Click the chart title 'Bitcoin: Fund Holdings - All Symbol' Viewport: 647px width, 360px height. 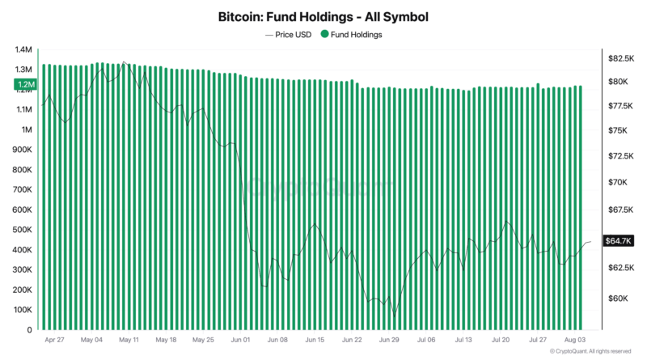click(323, 17)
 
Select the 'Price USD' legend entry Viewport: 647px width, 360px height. click(288, 35)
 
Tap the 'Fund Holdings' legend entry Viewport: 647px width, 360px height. click(351, 35)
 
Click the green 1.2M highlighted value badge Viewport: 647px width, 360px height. click(26, 85)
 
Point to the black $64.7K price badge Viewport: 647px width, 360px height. click(618, 241)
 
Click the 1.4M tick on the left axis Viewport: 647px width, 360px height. click(23, 49)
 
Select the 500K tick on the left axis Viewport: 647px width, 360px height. click(23, 230)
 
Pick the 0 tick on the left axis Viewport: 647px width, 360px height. click(29, 330)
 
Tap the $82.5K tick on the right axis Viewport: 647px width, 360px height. click(621, 58)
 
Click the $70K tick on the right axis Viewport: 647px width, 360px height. click(618, 182)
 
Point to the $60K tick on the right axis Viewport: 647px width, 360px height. click(618, 298)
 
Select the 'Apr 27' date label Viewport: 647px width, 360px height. click(54, 340)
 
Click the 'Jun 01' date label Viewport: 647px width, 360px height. click(240, 340)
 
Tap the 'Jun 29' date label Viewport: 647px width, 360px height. click(389, 340)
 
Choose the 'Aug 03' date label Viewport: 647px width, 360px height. click(575, 340)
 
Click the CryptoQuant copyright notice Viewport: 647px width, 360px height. click(590, 351)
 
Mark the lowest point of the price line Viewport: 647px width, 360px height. click(395, 316)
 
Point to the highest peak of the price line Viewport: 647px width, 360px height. click(125, 62)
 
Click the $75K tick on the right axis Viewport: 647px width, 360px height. click(618, 130)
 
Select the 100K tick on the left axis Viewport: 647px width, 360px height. click(23, 310)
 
